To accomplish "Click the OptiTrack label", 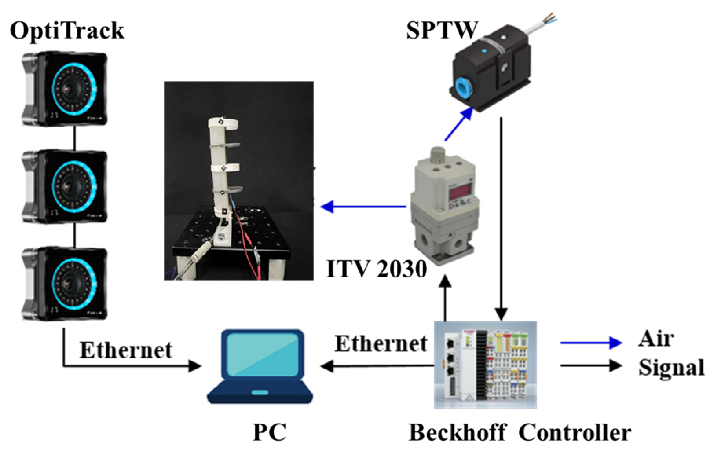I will (x=67, y=31).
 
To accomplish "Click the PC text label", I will (x=269, y=432).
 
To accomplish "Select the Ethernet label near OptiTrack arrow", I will (x=126, y=350).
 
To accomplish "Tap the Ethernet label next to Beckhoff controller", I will (x=381, y=343).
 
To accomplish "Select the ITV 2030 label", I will (x=376, y=269).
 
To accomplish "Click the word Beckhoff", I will (x=457, y=433).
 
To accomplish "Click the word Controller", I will (x=575, y=433).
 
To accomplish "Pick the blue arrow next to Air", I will (x=591, y=343).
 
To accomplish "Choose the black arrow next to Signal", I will (x=591, y=365).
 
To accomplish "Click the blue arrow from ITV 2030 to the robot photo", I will (x=364, y=206).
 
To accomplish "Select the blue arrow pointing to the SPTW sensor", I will (x=459, y=124).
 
